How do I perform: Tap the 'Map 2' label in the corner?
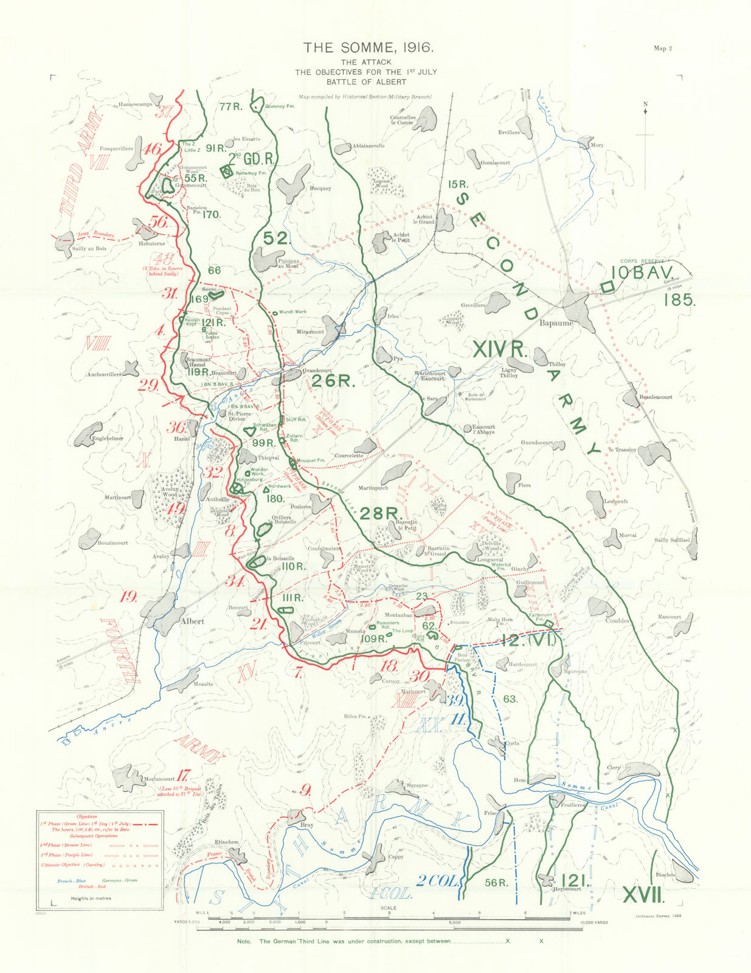tap(663, 49)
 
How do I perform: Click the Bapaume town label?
tap(556, 324)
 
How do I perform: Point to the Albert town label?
tap(192, 622)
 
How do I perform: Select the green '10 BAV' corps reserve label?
tap(643, 273)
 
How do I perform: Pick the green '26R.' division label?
tap(333, 381)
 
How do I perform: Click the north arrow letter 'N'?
tap(645, 104)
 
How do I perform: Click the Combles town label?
tap(617, 621)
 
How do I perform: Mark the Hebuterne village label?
tap(151, 243)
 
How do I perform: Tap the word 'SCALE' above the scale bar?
tap(389, 909)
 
